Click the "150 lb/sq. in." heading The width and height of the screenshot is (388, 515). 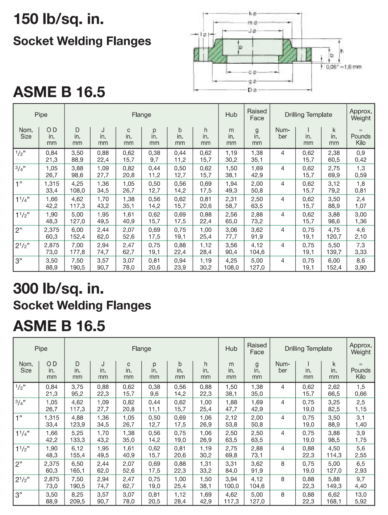59,19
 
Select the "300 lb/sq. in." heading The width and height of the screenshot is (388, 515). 59,288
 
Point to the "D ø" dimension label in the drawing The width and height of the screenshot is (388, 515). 252,90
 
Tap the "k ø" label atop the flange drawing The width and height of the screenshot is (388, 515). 253,13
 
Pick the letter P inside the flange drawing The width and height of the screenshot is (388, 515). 240,47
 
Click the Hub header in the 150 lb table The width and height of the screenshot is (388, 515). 231,115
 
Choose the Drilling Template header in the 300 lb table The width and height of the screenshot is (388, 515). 308,349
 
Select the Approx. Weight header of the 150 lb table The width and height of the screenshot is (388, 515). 361,115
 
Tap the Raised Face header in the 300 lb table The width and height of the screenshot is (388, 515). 257,349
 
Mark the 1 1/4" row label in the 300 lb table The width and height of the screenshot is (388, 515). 22,433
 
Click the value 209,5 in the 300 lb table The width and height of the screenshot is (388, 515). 77,502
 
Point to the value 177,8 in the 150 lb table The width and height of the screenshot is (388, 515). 77,252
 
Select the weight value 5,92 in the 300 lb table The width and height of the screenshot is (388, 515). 360,502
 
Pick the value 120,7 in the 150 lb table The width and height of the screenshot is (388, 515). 334,237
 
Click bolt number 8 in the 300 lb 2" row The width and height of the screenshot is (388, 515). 283,464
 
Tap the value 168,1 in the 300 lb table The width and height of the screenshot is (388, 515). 334,502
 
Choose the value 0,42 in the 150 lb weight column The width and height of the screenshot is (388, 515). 360,160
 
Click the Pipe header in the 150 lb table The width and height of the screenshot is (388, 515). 41,115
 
